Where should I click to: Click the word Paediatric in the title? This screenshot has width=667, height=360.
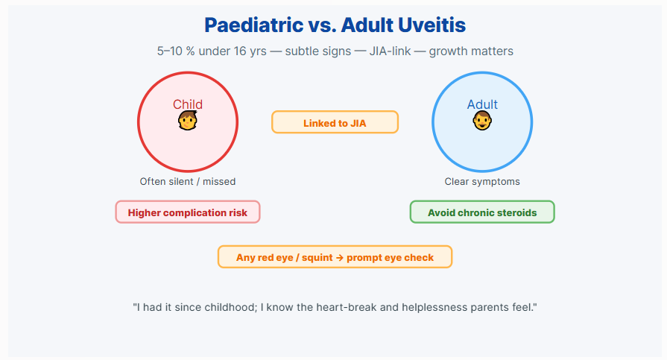point(254,25)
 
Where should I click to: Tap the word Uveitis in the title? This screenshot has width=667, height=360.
point(432,25)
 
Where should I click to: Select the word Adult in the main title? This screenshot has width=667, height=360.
point(367,25)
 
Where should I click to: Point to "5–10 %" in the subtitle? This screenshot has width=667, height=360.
point(176,51)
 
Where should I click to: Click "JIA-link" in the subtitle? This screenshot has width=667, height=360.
point(390,51)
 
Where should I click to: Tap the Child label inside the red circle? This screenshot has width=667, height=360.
point(188,104)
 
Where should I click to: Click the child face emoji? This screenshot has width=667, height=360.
point(188,121)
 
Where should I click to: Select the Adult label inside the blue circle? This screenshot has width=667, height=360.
point(482,104)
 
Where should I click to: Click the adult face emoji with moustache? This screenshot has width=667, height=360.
point(482,121)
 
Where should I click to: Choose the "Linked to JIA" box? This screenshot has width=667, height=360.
point(335,122)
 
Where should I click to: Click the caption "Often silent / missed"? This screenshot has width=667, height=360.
point(188,182)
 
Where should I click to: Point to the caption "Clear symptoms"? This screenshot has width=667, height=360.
point(482,182)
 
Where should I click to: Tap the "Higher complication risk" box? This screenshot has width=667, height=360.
point(188,212)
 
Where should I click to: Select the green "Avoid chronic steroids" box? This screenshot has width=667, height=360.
point(482,212)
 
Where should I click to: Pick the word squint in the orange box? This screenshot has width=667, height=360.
point(317,258)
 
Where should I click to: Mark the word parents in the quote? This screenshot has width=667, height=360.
point(487,308)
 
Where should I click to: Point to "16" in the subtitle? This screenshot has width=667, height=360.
point(240,51)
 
